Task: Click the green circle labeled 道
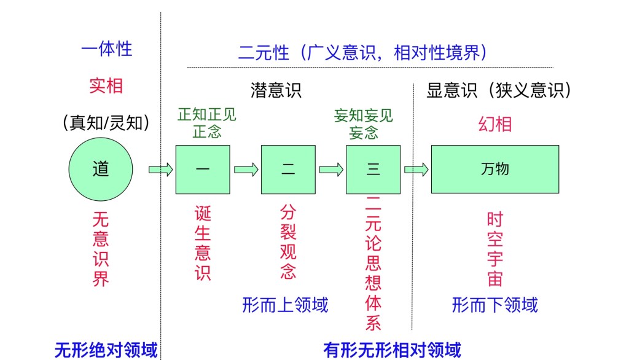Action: pyautogui.click(x=101, y=169)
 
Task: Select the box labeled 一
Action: pyautogui.click(x=202, y=169)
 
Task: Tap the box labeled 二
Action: pyautogui.click(x=287, y=169)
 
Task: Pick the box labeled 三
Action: pyautogui.click(x=373, y=169)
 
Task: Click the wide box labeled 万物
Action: pyautogui.click(x=494, y=169)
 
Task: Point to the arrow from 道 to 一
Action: pyautogui.click(x=160, y=170)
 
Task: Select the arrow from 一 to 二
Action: pyautogui.click(x=246, y=170)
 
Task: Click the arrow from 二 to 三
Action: pyautogui.click(x=331, y=170)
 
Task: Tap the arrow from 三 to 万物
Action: pyautogui.click(x=416, y=170)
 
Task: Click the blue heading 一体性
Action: pyautogui.click(x=106, y=49)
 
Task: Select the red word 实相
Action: pyautogui.click(x=106, y=86)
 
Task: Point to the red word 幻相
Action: pyautogui.click(x=494, y=124)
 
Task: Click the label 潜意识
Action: pyautogui.click(x=276, y=90)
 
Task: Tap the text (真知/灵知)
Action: pyautogui.click(x=106, y=123)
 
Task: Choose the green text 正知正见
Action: pyautogui.click(x=206, y=115)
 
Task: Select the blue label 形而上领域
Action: pyautogui.click(x=285, y=304)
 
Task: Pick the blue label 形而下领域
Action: pyautogui.click(x=494, y=304)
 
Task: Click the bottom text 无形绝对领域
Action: pyautogui.click(x=106, y=350)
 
